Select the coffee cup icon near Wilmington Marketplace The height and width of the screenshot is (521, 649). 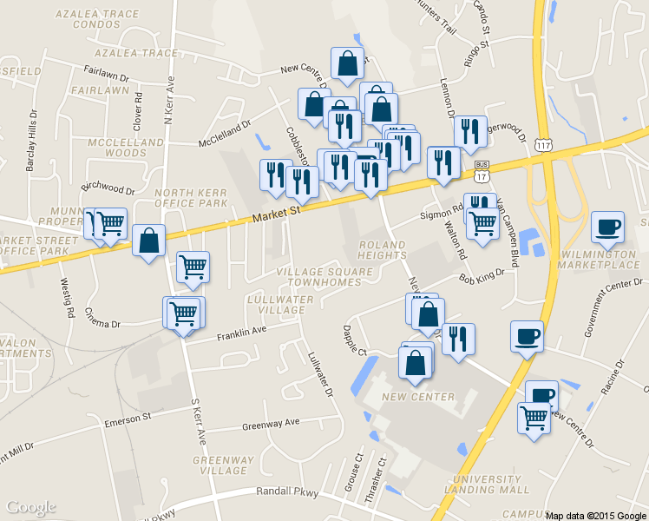click(607, 228)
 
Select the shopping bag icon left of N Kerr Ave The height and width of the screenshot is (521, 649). click(149, 242)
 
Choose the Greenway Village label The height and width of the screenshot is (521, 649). click(223, 465)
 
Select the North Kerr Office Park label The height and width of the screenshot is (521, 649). click(191, 197)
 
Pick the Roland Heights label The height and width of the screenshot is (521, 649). click(383, 250)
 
